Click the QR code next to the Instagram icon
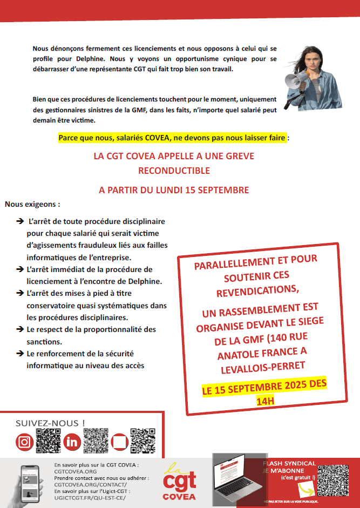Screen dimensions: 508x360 pyautogui.click(x=48, y=441)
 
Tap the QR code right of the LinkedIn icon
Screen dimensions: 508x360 pyautogui.click(x=96, y=441)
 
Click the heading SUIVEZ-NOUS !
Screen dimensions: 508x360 pyautogui.click(x=50, y=423)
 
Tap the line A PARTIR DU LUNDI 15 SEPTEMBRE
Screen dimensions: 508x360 pyautogui.click(x=174, y=190)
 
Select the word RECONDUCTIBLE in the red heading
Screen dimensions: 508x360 pyautogui.click(x=174, y=171)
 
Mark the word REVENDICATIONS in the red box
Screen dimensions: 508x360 pyautogui.click(x=257, y=290)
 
